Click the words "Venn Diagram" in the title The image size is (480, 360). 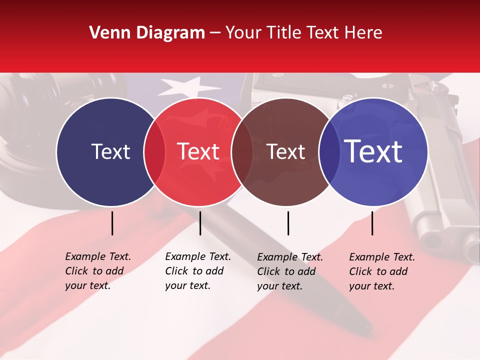(x=147, y=33)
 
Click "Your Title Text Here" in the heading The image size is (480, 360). (x=303, y=33)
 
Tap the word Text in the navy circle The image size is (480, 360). (x=110, y=151)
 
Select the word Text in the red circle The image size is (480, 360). (x=198, y=151)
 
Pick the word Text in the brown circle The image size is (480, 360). (x=286, y=151)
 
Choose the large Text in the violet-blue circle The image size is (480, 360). (x=373, y=151)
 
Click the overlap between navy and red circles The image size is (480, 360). (x=154, y=151)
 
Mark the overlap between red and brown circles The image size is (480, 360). (x=242, y=151)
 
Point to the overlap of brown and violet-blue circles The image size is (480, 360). (x=327, y=151)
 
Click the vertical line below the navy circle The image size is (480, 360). (x=112, y=223)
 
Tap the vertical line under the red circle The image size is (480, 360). (x=200, y=223)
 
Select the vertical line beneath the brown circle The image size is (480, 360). (x=288, y=223)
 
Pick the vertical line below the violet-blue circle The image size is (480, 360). (x=372, y=223)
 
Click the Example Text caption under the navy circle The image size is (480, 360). (x=98, y=271)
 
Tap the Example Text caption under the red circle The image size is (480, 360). (x=198, y=271)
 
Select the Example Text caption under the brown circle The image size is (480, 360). (x=290, y=271)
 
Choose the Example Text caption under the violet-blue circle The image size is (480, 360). (x=382, y=271)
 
